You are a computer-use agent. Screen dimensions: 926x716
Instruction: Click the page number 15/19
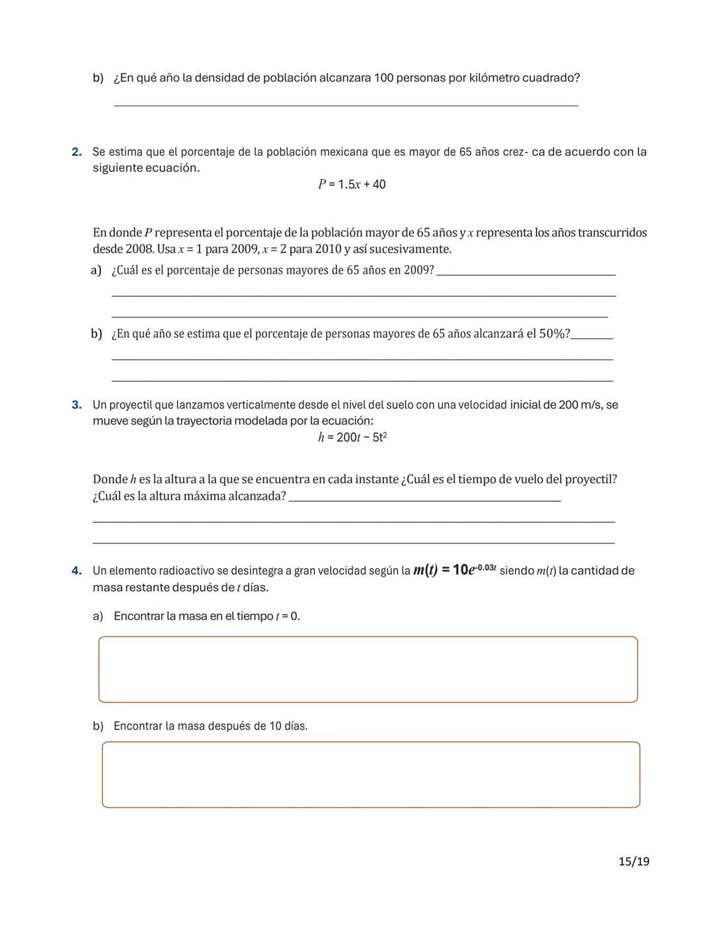point(634,861)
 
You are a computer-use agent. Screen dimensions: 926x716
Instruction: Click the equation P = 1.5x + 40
point(351,184)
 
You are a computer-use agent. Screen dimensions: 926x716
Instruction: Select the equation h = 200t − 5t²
point(352,437)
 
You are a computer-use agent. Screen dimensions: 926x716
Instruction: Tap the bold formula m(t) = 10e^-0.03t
point(454,569)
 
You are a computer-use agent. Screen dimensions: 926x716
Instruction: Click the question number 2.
point(77,152)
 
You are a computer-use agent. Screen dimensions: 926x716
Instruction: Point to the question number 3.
point(77,404)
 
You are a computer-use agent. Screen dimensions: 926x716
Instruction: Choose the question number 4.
point(77,570)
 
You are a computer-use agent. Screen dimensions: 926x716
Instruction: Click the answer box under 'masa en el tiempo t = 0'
point(368,669)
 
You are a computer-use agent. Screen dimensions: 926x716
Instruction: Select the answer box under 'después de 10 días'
point(371,774)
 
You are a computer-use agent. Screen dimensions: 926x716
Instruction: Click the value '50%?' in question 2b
point(554,333)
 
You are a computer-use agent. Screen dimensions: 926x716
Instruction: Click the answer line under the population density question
point(345,104)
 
